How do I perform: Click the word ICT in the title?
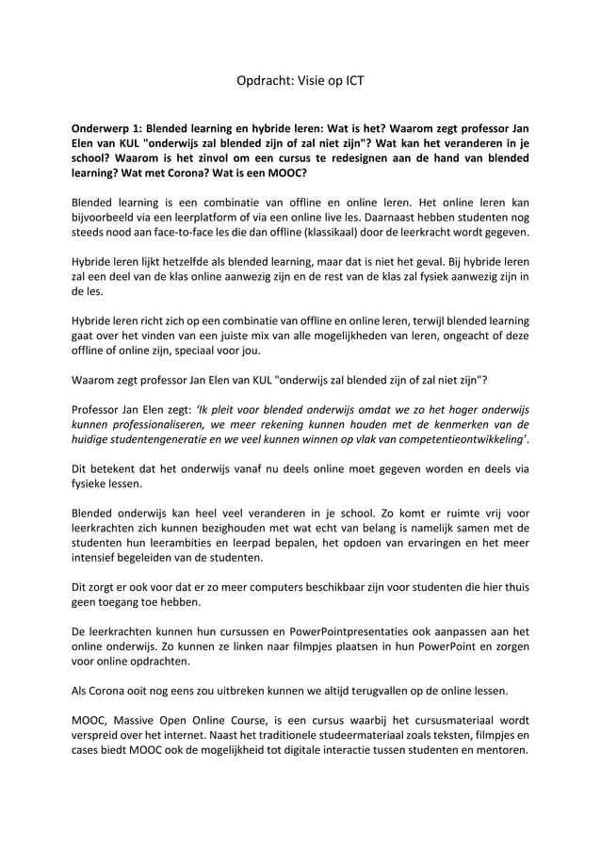click(x=351, y=81)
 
